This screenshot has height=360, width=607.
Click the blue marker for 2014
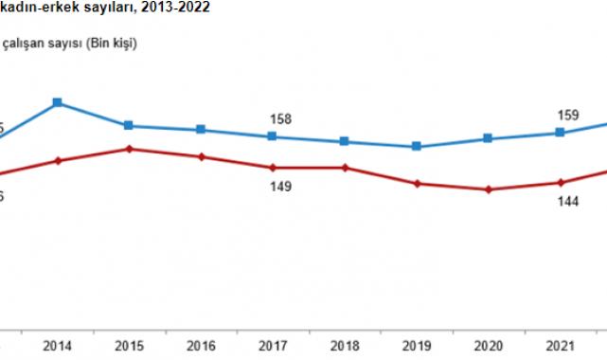point(58,102)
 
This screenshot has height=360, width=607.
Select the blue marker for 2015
point(128,126)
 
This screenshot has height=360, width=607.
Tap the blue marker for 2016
point(201,130)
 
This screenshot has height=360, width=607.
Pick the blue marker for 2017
point(272,136)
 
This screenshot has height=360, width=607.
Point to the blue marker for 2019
point(416,147)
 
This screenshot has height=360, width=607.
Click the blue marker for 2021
point(560,133)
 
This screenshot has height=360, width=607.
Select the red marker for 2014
point(58,161)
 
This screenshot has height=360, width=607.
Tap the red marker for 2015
point(128,149)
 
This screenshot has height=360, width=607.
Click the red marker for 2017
point(272,168)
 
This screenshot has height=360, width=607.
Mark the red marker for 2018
point(345,168)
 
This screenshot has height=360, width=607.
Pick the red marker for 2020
point(488,189)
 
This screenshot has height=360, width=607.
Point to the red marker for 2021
point(560,183)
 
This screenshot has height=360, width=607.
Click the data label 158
point(280,119)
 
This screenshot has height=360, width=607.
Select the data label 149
point(280,187)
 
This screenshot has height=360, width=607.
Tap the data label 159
point(568,116)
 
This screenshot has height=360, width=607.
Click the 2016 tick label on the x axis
point(201,344)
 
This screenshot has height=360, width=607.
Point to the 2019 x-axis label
point(416,344)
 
